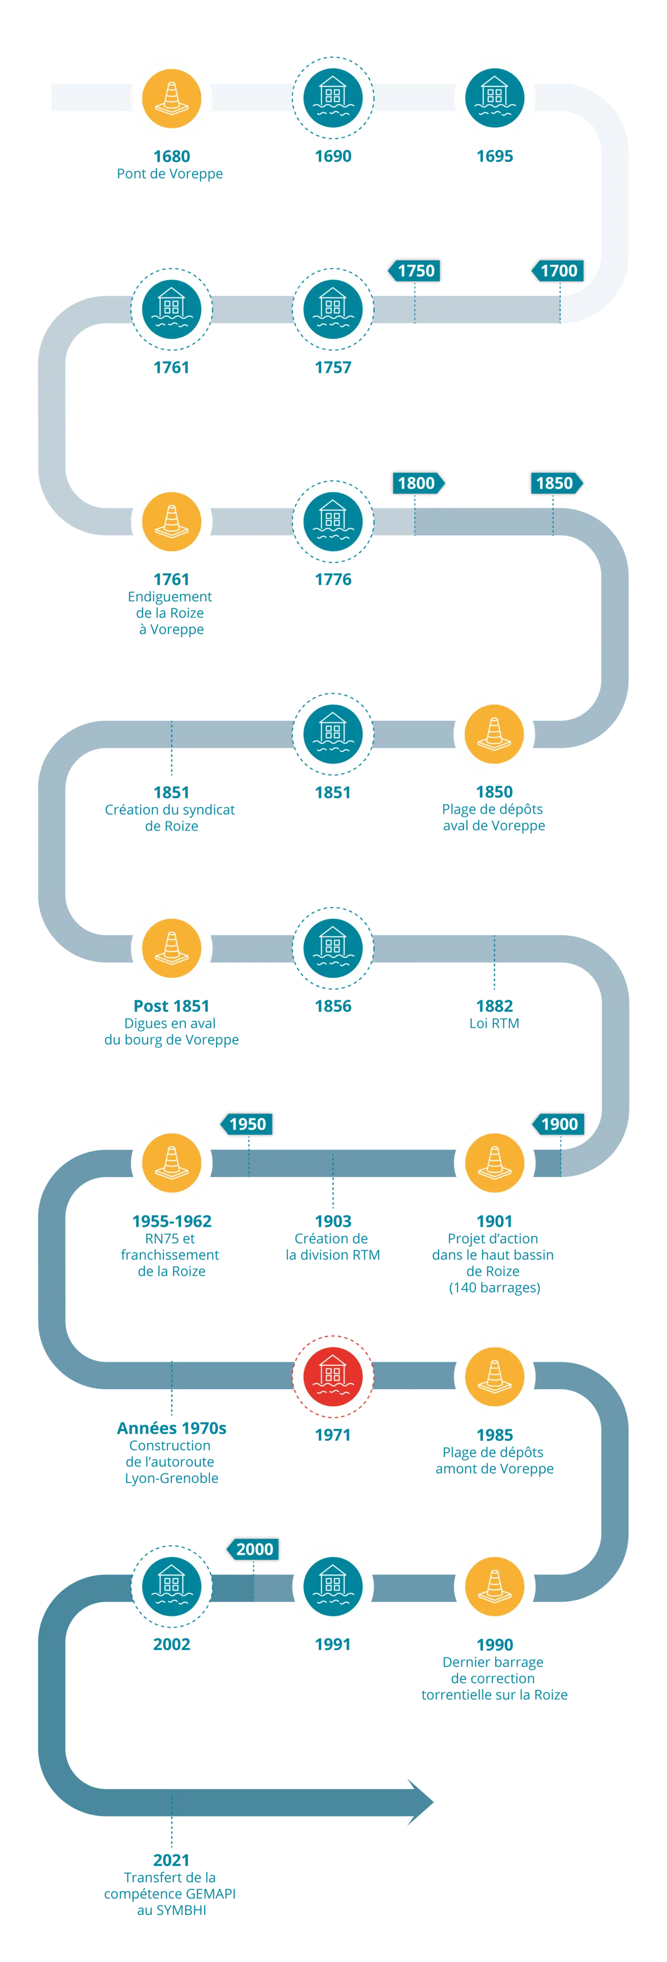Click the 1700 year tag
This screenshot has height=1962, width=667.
click(559, 270)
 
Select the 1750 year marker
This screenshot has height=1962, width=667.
click(415, 270)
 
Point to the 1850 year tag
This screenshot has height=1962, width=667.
click(555, 483)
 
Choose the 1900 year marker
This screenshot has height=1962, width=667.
click(559, 1123)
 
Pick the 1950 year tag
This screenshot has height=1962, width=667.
click(248, 1123)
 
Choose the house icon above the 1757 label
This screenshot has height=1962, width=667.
click(332, 308)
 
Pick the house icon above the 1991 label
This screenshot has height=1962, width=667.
click(332, 1586)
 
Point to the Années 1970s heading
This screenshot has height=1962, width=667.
click(172, 1427)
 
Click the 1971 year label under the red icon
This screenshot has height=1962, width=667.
click(332, 1435)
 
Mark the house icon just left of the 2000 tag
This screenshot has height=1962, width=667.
click(171, 1586)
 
